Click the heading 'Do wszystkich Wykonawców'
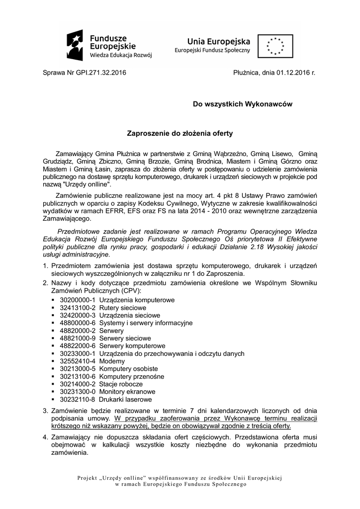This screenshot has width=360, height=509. pyautogui.click(x=243, y=104)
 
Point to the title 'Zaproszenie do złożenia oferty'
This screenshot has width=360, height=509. pyautogui.click(x=180, y=134)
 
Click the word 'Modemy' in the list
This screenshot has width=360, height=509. pyautogui.click(x=112, y=361)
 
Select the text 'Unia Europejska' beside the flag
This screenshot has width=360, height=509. pyautogui.click(x=218, y=41)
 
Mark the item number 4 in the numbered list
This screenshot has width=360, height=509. pyautogui.click(x=45, y=436)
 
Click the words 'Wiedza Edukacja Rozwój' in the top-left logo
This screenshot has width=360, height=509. pyautogui.click(x=121, y=55)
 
